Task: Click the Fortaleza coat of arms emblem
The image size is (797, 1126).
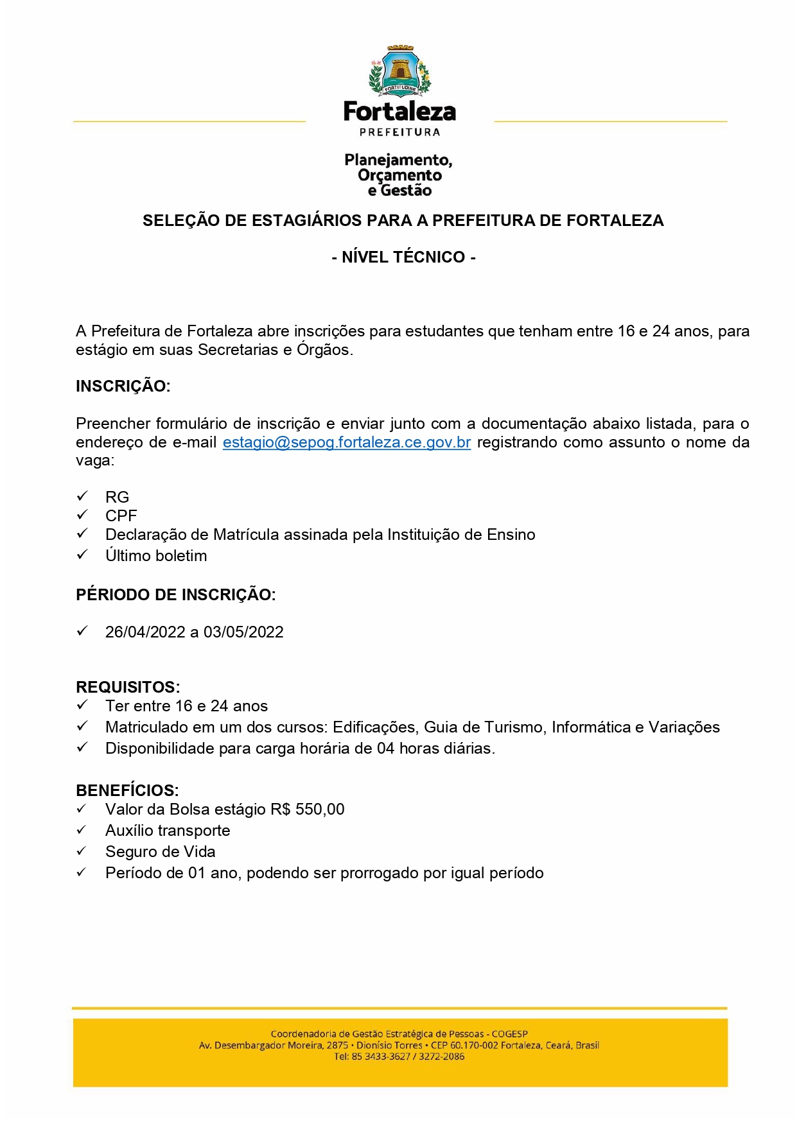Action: [x=399, y=71]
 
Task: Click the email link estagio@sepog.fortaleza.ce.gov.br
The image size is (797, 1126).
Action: [x=347, y=442]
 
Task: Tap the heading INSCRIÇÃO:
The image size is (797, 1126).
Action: [x=123, y=386]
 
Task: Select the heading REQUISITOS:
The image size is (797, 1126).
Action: [x=128, y=687]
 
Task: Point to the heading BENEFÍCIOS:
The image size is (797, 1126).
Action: [x=127, y=790]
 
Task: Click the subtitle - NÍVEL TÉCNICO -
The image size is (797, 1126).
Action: [x=403, y=257]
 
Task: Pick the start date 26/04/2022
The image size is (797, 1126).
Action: [x=145, y=632]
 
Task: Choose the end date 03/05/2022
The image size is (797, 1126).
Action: [x=243, y=632]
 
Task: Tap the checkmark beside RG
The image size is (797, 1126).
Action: [x=82, y=496]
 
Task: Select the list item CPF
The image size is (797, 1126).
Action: [x=121, y=516]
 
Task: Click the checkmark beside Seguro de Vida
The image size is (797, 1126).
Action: [x=82, y=851]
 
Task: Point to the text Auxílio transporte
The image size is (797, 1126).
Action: [x=168, y=831]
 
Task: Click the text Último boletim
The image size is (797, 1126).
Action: [x=156, y=556]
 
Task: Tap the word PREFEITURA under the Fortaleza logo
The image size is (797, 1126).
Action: [x=399, y=132]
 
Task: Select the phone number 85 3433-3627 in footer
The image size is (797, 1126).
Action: [x=381, y=1056]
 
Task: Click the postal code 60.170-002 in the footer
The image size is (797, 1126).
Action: [x=474, y=1045]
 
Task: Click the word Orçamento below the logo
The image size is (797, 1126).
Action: [x=399, y=175]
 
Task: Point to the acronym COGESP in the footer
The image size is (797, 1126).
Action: [x=510, y=1034]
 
